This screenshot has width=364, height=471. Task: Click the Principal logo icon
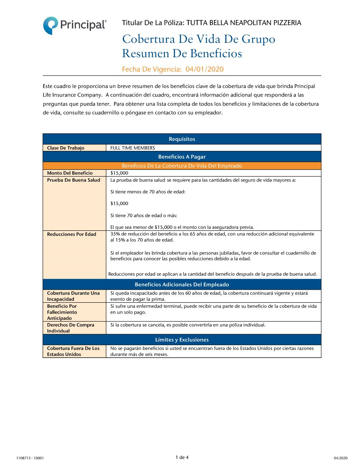(x=51, y=25)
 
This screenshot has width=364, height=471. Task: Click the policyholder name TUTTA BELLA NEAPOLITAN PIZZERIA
(x=244, y=23)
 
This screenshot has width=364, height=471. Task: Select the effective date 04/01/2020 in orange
(x=204, y=69)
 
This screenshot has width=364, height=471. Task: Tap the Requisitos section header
(x=182, y=139)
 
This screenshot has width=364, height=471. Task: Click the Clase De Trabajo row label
(x=66, y=148)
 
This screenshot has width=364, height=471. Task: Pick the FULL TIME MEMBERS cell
(x=132, y=148)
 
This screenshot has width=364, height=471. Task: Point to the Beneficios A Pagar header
(x=182, y=157)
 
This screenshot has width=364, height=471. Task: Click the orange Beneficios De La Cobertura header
(x=182, y=166)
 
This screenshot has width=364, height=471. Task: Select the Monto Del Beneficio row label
(x=70, y=173)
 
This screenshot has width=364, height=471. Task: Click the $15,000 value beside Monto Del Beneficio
(x=119, y=173)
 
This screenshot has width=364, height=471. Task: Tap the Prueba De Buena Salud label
(x=74, y=180)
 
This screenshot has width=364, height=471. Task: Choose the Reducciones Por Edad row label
(x=72, y=234)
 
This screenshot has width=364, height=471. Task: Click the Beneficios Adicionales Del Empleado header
(x=182, y=285)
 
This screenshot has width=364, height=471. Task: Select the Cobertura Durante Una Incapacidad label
(x=73, y=296)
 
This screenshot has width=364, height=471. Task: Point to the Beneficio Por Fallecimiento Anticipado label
(x=62, y=312)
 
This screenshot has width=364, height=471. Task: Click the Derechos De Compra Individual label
(x=70, y=328)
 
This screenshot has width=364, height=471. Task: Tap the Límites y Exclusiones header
(x=182, y=340)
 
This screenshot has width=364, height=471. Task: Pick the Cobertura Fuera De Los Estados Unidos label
(x=73, y=351)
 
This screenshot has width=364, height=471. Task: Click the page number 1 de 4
(x=182, y=457)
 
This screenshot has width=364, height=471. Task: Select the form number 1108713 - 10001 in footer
(x=30, y=458)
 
